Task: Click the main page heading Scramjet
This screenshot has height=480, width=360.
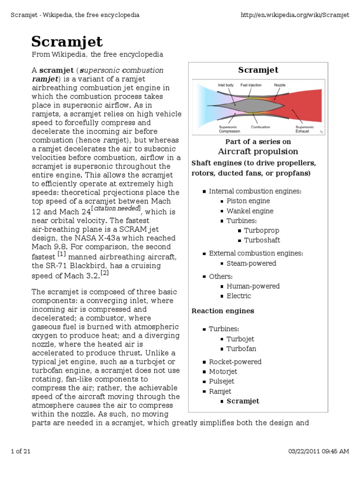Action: [x=67, y=42]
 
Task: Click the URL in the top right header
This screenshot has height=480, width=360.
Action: [x=295, y=15]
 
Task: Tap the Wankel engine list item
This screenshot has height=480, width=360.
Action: [x=250, y=211]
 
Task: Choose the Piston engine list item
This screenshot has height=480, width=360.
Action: [x=248, y=201]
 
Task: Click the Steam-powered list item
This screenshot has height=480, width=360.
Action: [x=251, y=263]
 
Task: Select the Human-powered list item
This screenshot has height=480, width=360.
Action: [x=253, y=286]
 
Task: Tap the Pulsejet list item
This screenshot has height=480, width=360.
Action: [x=221, y=382]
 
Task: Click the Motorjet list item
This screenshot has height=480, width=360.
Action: [x=222, y=372]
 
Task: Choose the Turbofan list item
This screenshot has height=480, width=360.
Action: [x=241, y=349]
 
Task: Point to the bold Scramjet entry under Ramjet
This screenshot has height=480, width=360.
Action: [x=243, y=401]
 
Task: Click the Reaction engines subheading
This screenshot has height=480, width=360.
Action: [x=223, y=311]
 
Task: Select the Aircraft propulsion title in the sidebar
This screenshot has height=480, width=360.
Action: [x=258, y=151]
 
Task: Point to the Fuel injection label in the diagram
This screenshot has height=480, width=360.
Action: [x=250, y=85]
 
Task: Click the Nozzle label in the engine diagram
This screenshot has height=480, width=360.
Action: [x=280, y=85]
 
